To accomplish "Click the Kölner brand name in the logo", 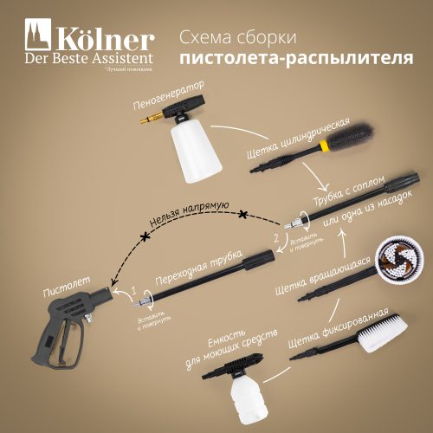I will point(106,40).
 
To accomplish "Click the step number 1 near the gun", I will point(133,287).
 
